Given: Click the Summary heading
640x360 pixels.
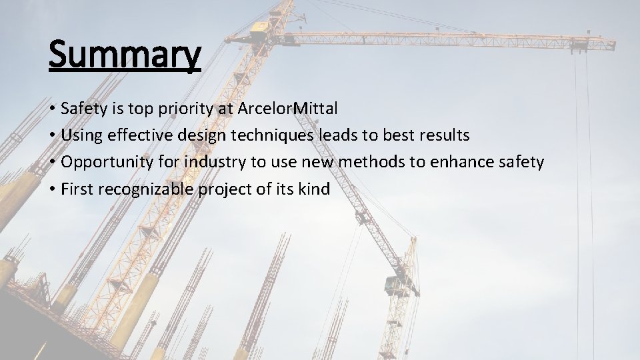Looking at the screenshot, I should (x=124, y=55).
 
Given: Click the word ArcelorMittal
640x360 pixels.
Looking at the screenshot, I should (x=287, y=109).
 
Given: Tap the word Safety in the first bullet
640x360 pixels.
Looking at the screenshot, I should (x=82, y=109).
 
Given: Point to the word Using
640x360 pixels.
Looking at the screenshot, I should (x=79, y=135).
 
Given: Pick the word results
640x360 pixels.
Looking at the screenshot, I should (x=443, y=135).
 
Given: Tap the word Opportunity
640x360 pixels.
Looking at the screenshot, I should (x=102, y=162).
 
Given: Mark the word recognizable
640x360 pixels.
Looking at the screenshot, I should (x=146, y=189).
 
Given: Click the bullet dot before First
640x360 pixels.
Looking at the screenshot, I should (x=51, y=189).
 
